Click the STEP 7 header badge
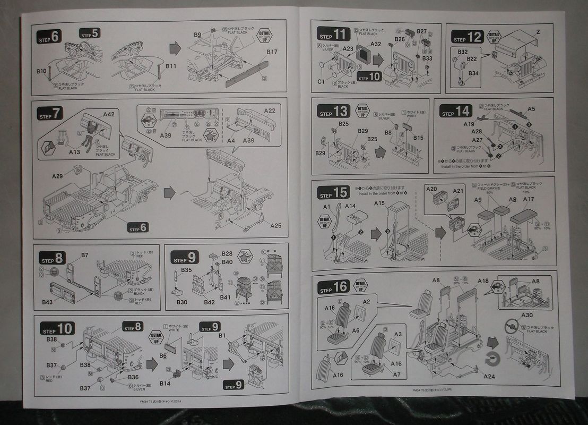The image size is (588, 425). (50, 113)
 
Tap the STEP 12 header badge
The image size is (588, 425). (467, 37)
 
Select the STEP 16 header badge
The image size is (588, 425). (333, 288)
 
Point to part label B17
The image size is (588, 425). (272, 52)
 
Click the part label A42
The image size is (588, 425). (108, 114)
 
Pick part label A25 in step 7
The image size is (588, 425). (276, 225)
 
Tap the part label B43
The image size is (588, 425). (47, 302)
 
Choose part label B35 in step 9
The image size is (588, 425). (186, 270)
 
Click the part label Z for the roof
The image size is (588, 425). (538, 32)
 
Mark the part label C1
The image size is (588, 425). (321, 82)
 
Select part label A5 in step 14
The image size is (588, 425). (531, 109)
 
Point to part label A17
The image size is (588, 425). (529, 199)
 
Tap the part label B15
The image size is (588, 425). (418, 138)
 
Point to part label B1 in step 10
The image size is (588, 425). (222, 335)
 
